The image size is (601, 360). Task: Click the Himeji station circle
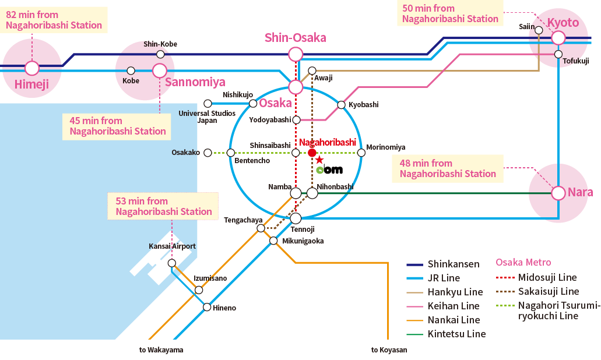(x=32, y=68)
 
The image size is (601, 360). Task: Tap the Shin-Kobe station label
(x=160, y=44)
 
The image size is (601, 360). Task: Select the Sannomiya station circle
(x=160, y=71)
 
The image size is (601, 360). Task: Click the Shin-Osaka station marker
(x=296, y=55)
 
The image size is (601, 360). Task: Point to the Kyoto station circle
(x=558, y=38)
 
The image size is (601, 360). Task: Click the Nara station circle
(x=558, y=193)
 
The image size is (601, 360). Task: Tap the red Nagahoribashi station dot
(x=312, y=153)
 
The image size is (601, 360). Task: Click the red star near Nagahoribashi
(x=319, y=160)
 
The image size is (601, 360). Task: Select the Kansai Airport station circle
(x=172, y=263)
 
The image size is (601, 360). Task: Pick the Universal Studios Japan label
(x=207, y=117)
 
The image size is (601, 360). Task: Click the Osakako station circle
(x=208, y=153)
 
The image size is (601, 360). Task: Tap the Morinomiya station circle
(x=361, y=153)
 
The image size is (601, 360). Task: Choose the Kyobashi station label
(x=363, y=105)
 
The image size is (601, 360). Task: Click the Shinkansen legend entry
(x=443, y=264)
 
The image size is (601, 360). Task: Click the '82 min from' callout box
(x=54, y=20)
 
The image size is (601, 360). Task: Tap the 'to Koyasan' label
(x=389, y=350)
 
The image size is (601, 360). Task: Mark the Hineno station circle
(x=207, y=307)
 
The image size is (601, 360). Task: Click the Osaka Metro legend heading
(x=523, y=262)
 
